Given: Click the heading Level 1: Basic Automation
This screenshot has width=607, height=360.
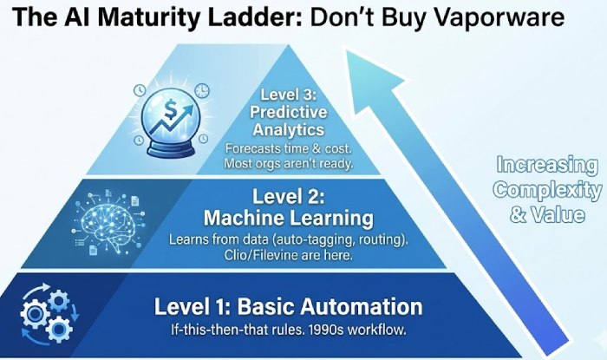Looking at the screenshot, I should click(x=288, y=307).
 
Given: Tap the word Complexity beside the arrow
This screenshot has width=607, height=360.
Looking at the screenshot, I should click(x=548, y=190).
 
